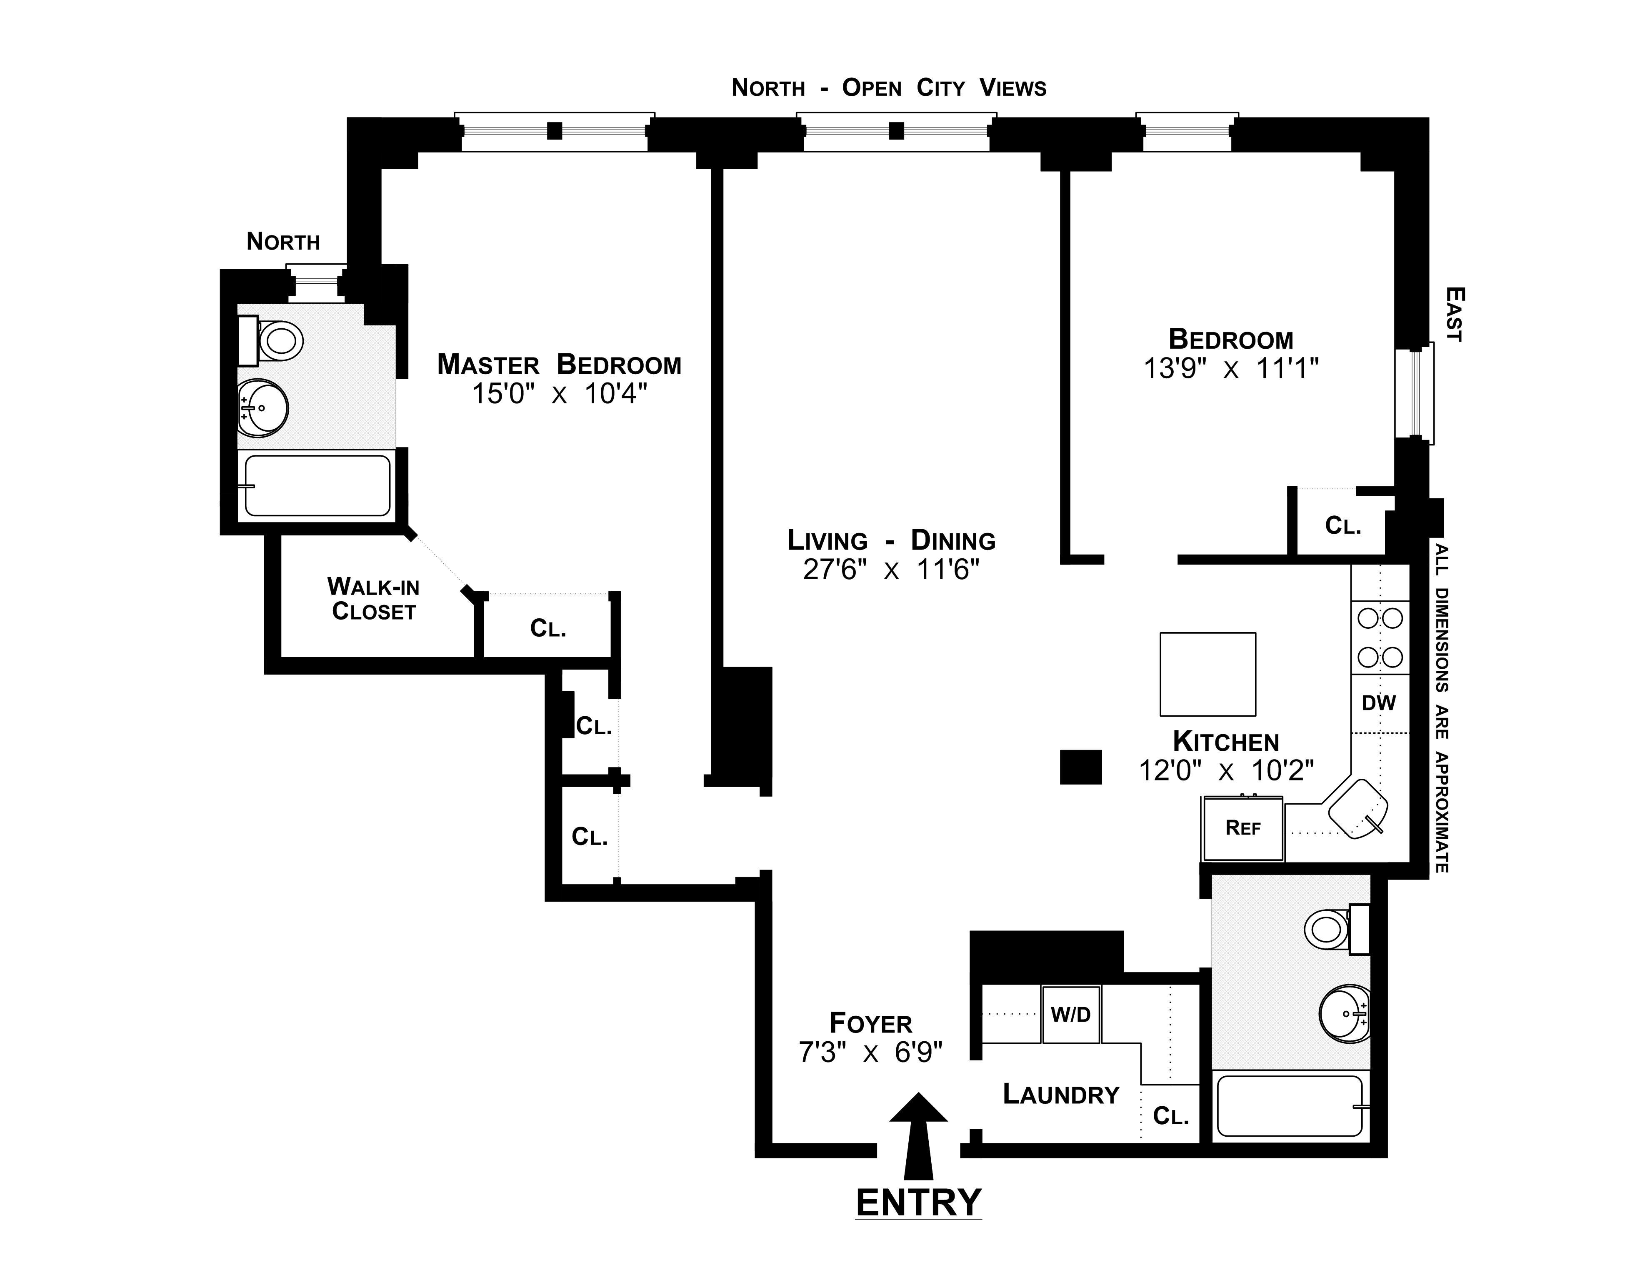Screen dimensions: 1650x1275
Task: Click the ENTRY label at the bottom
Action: click(x=919, y=1202)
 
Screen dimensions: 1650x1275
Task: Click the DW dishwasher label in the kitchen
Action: click(x=1379, y=702)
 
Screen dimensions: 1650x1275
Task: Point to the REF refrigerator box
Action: click(x=1243, y=828)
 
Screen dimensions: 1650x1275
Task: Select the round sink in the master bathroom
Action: click(x=263, y=408)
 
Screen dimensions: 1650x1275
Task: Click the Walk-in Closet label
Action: click(x=373, y=598)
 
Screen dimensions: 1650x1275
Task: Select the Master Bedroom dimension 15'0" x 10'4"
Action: click(x=560, y=393)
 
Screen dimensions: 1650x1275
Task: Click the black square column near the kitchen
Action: click(x=1081, y=767)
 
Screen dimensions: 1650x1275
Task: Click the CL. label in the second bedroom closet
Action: click(x=1343, y=526)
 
